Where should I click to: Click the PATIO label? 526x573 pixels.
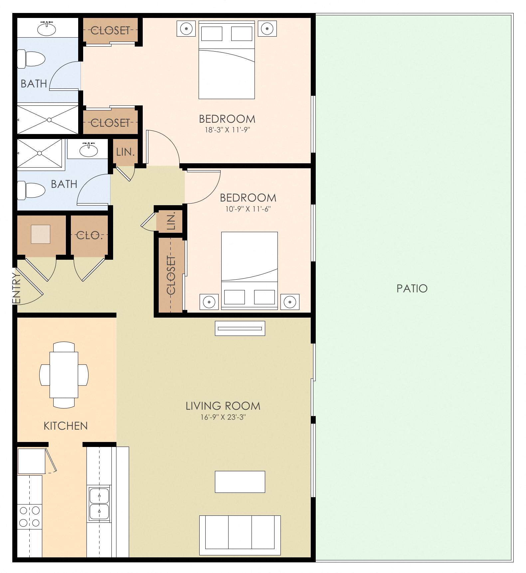pos(412,288)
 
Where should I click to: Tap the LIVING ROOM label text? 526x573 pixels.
pos(223,406)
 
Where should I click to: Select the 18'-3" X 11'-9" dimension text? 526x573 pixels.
pos(227,130)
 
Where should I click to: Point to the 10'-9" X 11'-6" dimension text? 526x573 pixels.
pos(248,209)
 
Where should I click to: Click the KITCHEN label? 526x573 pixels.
pos(66,426)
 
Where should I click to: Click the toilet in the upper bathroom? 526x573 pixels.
pos(31,59)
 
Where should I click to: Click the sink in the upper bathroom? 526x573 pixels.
pos(47,29)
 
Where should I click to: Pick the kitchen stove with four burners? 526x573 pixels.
pos(30,516)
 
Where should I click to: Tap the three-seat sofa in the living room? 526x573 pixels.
pos(240,535)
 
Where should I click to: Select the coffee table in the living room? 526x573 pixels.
pos(240,482)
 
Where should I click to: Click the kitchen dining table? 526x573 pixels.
pos(64,375)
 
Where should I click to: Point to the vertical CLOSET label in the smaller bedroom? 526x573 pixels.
pos(171,275)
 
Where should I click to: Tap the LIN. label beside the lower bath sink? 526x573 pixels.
pos(125,152)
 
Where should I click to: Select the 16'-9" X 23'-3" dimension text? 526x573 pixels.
pos(223,417)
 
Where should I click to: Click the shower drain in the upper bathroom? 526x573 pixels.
pos(49,120)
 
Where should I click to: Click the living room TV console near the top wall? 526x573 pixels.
pos(240,328)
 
